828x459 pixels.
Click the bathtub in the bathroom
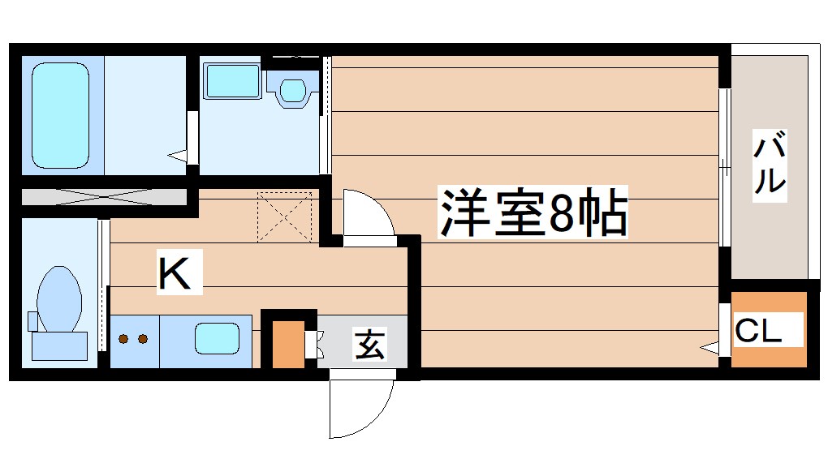pos(59,114)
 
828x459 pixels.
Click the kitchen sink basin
pos(217,337)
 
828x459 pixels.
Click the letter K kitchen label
pos(175,273)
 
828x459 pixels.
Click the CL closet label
pos(758,330)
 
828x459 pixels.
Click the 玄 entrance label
pos(369,345)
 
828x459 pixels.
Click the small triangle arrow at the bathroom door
pos(177,153)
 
